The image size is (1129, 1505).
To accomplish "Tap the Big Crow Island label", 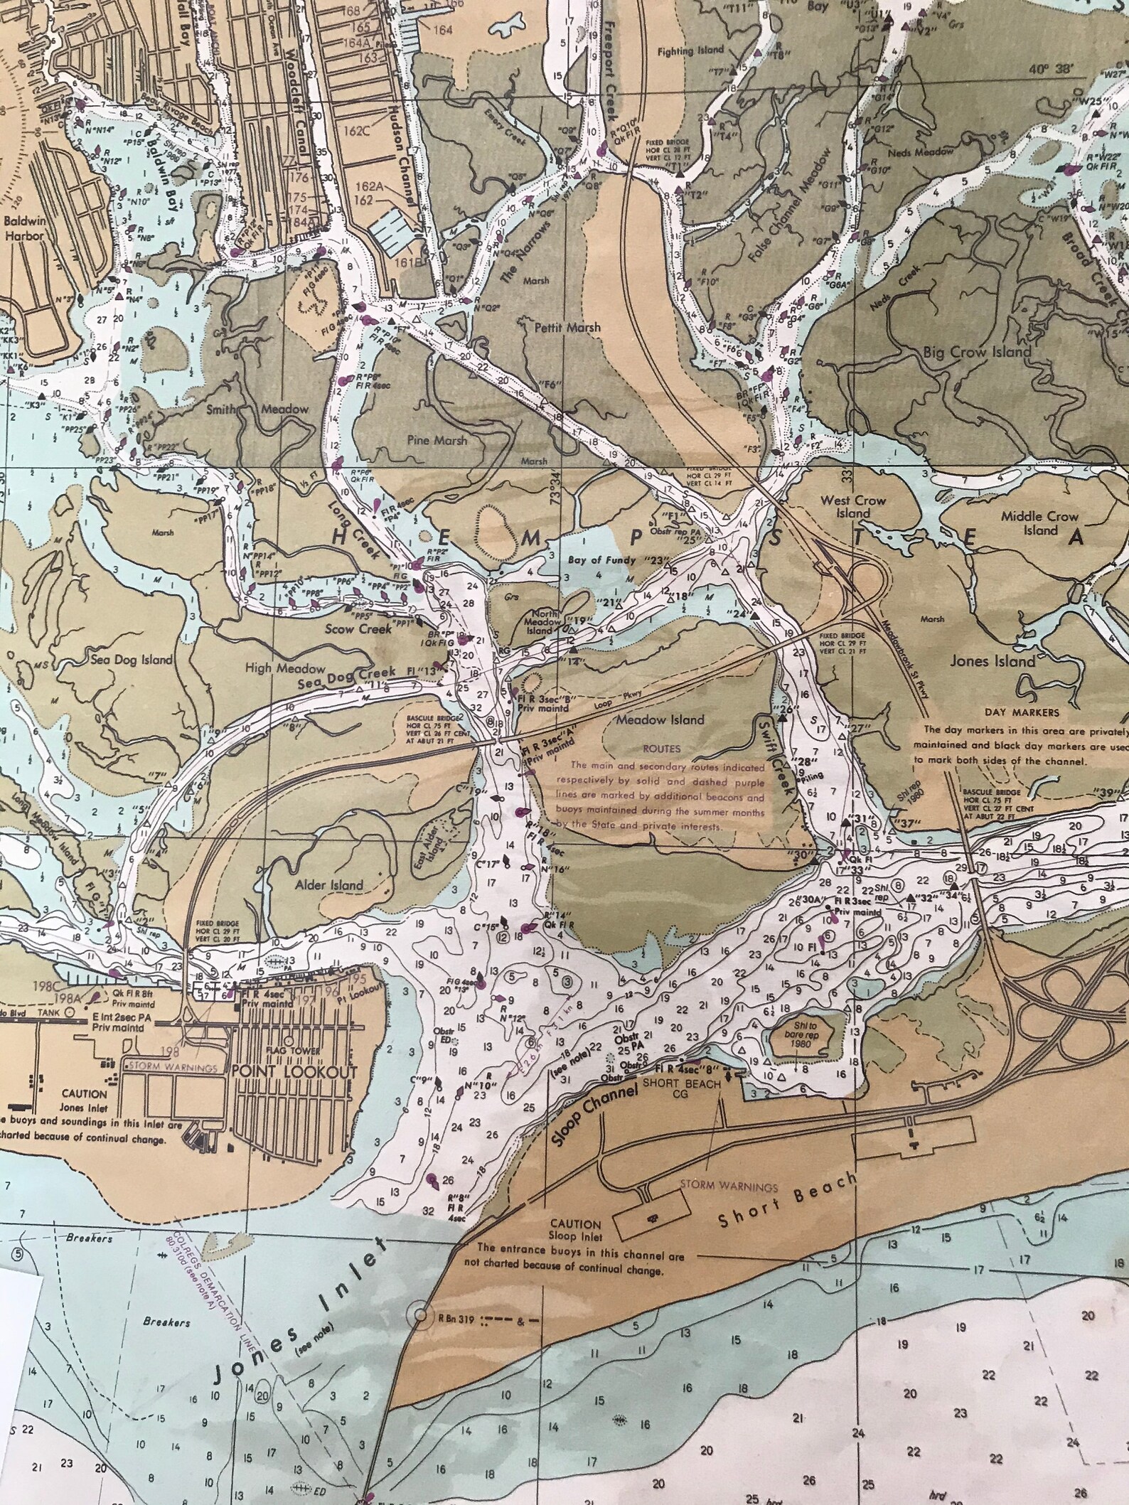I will [x=977, y=352].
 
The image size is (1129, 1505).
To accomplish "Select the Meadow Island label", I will [x=660, y=719].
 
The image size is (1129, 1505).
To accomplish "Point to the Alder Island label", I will [x=330, y=885].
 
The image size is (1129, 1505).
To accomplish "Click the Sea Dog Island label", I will [x=132, y=659].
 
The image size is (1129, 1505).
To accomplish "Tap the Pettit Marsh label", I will [x=567, y=328].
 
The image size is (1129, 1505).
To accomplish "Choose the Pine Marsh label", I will [x=437, y=440].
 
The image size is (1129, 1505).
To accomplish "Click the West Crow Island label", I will [x=853, y=506].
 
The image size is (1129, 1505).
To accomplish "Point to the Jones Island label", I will [x=992, y=661].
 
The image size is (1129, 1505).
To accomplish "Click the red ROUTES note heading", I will [x=661, y=749].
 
